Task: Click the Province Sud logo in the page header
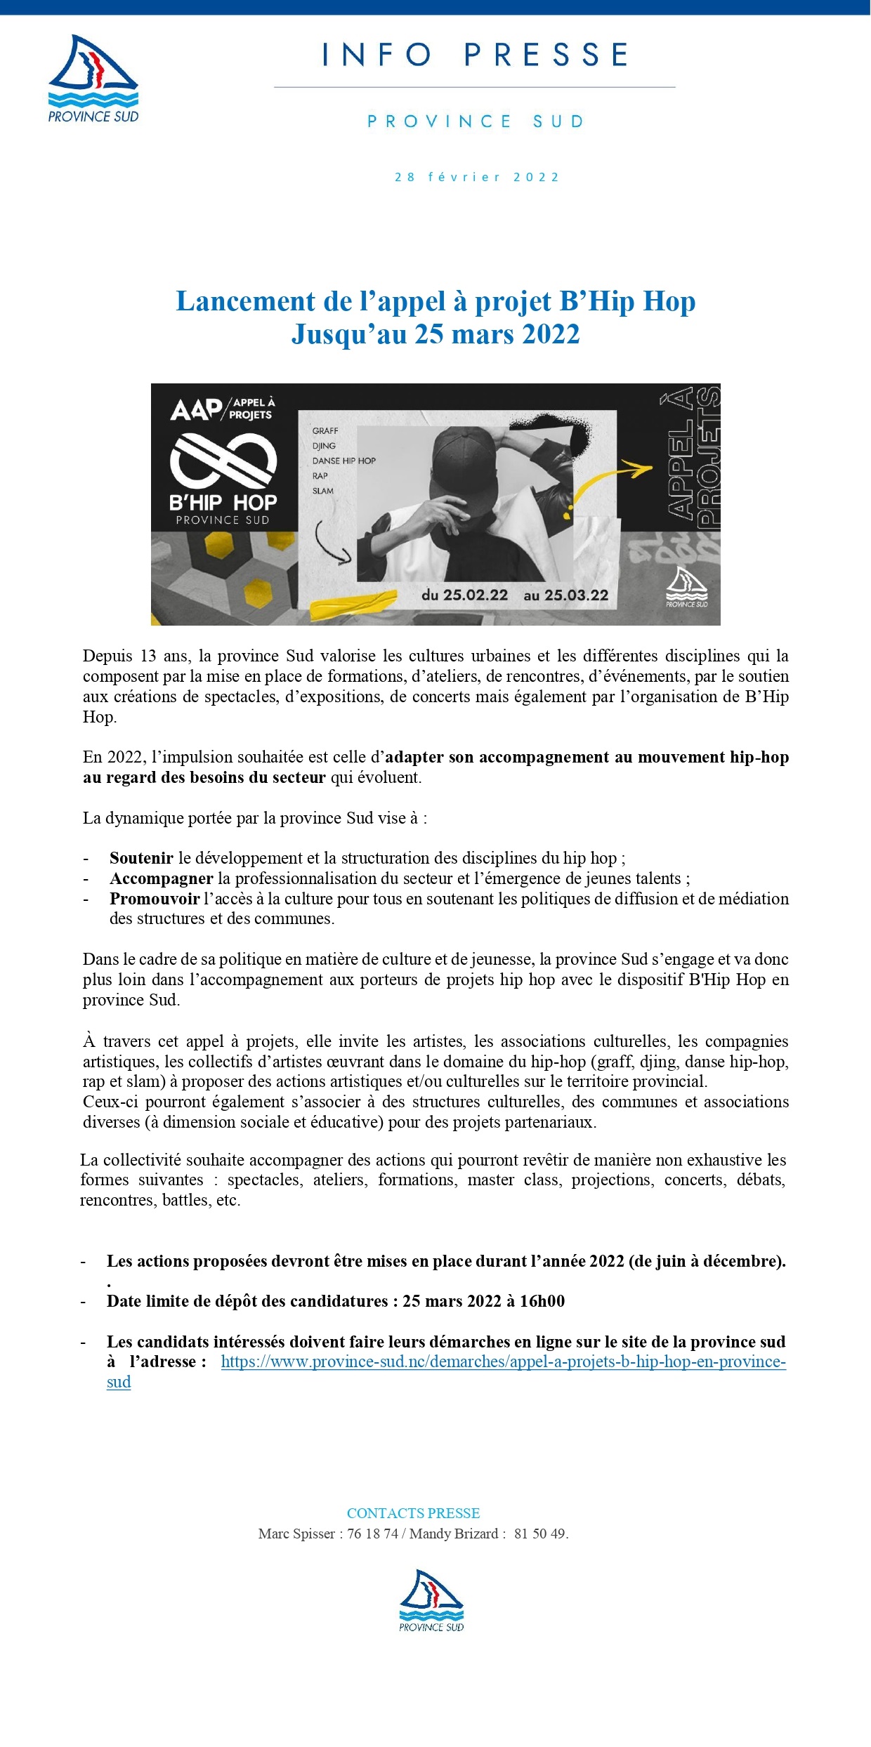click(93, 79)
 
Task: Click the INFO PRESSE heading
click(475, 55)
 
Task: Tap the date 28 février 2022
click(476, 177)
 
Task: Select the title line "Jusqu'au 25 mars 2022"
click(435, 334)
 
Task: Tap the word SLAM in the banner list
click(323, 491)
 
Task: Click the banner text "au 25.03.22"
click(566, 595)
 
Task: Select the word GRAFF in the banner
click(325, 430)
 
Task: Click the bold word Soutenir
click(141, 857)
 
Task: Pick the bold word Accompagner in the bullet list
click(161, 878)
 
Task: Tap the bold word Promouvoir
click(155, 898)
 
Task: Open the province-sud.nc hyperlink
click(503, 1361)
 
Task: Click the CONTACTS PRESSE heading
click(413, 1513)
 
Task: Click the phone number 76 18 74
click(372, 1534)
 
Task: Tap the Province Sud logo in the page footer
click(431, 1600)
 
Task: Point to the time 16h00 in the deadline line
click(542, 1300)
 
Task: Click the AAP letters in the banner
click(196, 409)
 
